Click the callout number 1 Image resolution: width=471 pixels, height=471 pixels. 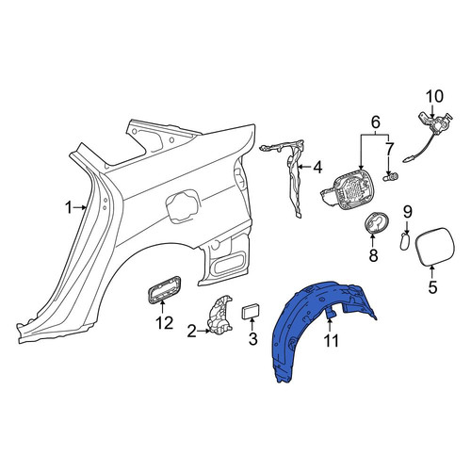tap(69, 207)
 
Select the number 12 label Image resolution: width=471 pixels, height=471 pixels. tap(164, 323)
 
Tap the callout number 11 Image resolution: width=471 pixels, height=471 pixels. tap(331, 341)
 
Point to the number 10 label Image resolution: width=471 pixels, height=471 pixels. tap(434, 96)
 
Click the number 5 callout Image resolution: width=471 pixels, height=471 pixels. tap(432, 287)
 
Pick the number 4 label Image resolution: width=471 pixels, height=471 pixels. tap(317, 168)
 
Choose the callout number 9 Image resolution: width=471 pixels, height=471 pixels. tap(407, 212)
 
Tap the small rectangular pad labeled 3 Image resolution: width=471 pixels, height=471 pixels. tap(251, 311)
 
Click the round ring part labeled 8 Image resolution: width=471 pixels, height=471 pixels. tap(377, 223)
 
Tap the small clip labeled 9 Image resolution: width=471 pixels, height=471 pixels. tap(404, 241)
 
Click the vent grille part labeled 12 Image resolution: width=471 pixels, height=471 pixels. tap(164, 290)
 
